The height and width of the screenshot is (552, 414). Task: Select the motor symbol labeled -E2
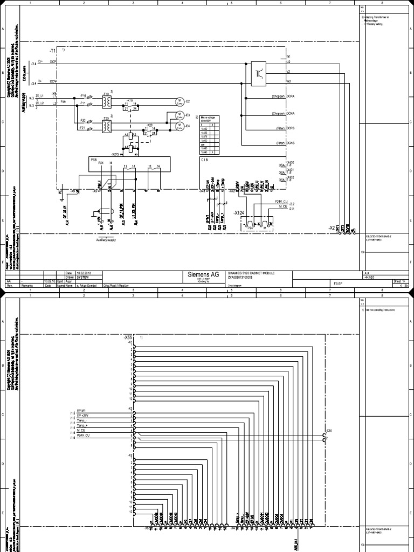(x=178, y=101)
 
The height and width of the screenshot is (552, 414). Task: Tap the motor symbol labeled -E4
(x=179, y=126)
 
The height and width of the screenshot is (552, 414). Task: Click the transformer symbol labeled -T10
(x=106, y=101)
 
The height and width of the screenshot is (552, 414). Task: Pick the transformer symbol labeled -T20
(x=106, y=126)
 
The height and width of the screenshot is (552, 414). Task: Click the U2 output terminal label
(x=288, y=63)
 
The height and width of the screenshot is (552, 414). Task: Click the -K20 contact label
(x=149, y=125)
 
